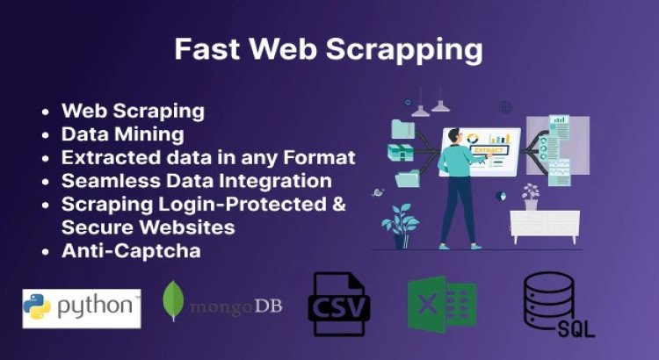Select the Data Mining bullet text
(x=122, y=134)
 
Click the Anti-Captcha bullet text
(x=131, y=250)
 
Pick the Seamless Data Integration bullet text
(x=196, y=181)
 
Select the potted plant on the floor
(x=401, y=225)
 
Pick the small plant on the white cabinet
(x=530, y=197)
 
